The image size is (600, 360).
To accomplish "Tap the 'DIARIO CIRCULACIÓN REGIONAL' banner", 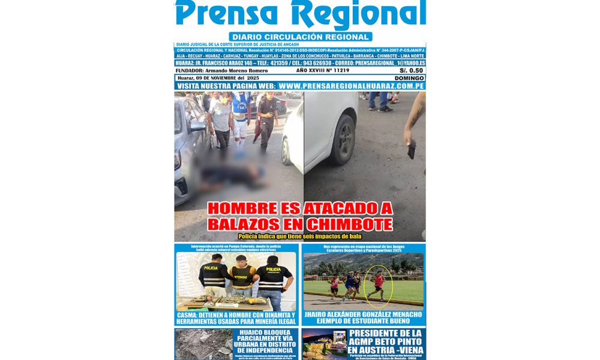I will click(x=300, y=37).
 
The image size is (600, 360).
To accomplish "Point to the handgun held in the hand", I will click(x=411, y=148).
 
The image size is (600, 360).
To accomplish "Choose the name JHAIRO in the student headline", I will click(x=322, y=315).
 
